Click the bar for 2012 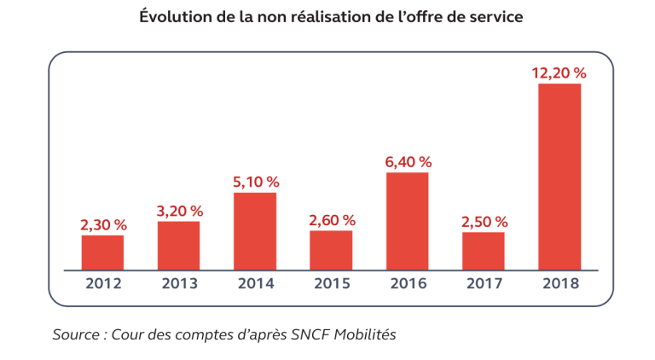[102, 253]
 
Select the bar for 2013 [178, 246]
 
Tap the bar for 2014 [255, 231]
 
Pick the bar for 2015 [331, 250]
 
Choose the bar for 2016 [407, 221]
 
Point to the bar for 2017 [484, 251]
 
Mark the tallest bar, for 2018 [559, 177]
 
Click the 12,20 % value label [559, 73]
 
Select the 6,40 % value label [407, 161]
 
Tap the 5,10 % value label [255, 182]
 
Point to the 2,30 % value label [102, 225]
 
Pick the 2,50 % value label [484, 222]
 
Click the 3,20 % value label [178, 211]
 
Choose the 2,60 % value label [331, 220]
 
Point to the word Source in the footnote [75, 334]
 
